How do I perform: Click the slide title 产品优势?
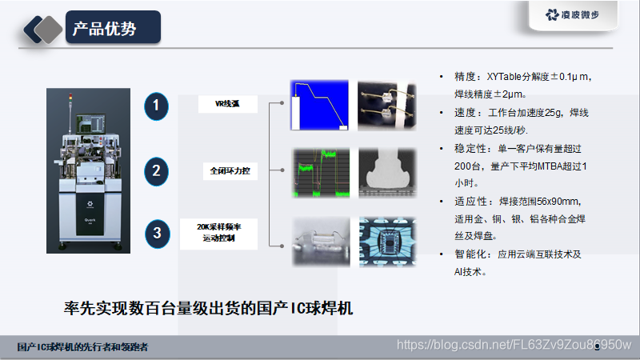pos(105,30)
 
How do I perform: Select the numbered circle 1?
pos(157,106)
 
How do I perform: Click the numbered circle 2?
pos(157,170)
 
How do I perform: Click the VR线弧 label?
pos(228,104)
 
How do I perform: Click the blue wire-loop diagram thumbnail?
pos(319,105)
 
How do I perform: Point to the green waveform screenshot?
pos(319,172)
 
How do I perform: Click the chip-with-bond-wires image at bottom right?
pos(387,240)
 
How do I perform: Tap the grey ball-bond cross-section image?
pos(387,172)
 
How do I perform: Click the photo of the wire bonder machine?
pos(87,170)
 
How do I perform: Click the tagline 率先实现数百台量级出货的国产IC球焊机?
pos(208,307)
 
